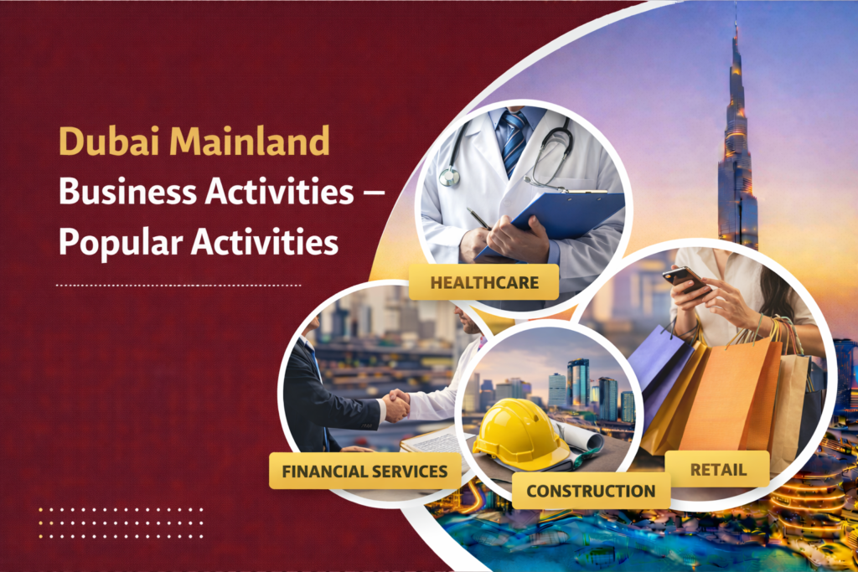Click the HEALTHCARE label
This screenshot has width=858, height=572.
pos(484,282)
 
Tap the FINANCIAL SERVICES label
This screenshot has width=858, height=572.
pos(364,471)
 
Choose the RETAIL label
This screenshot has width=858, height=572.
pos(717,469)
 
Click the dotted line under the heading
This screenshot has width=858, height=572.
pos(178,285)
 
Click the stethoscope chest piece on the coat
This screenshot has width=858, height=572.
pos(450,176)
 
